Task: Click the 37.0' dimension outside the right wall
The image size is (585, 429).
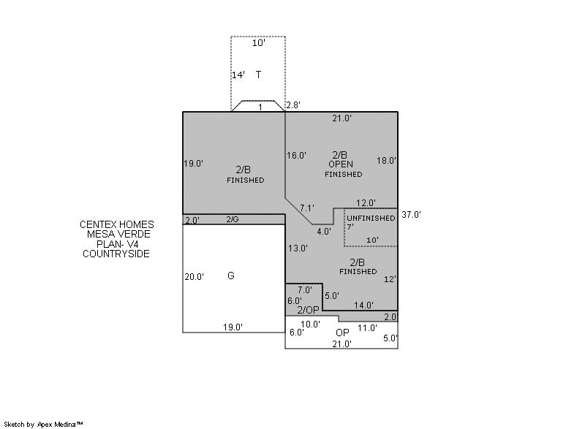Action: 411,215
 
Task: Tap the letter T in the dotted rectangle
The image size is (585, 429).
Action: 258,75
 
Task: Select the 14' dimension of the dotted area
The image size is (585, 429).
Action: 238,75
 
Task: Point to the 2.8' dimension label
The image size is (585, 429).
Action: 293,105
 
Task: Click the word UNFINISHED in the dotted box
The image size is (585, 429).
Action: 371,218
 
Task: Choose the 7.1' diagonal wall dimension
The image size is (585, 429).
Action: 307,208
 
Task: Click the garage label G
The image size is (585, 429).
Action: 231,276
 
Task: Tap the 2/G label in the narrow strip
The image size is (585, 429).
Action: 233,219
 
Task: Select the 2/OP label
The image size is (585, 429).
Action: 308,310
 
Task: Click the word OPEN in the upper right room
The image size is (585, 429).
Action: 341,164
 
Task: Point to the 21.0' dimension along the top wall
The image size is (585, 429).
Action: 341,118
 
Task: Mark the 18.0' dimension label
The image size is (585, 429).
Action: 386,161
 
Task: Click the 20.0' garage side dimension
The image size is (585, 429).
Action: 194,277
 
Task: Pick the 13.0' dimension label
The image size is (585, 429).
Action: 298,248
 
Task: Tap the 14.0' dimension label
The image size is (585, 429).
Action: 363,305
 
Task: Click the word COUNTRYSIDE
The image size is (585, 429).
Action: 116,254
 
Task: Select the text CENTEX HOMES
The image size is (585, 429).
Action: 117,225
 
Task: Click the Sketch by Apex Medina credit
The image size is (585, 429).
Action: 43,424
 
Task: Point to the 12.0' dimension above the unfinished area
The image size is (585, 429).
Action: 366,203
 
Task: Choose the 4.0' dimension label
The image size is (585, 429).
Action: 324,232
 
